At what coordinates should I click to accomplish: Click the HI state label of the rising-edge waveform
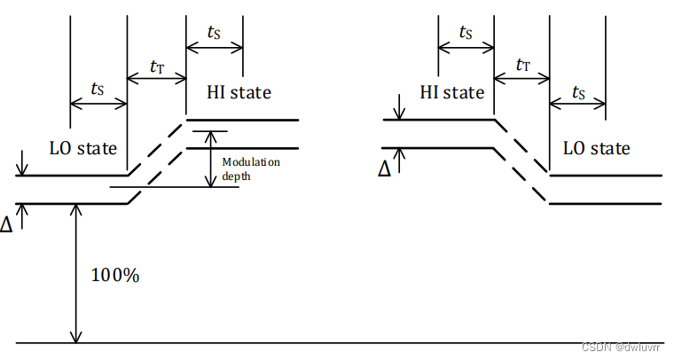pos(239,92)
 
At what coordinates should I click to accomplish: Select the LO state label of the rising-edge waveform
pos(84,147)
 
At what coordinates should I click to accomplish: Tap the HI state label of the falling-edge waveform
pos(452,92)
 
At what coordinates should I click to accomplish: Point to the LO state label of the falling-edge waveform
pos(597,147)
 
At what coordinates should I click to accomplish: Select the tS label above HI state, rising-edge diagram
pos(214,32)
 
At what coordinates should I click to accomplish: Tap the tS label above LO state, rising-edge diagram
pos(98,89)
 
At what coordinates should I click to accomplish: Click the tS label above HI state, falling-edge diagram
pos(465,32)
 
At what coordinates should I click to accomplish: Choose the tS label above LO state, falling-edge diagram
pos(579,91)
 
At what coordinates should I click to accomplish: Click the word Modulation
pos(251,162)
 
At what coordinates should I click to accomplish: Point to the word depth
pos(236,176)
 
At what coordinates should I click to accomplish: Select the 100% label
pos(115,275)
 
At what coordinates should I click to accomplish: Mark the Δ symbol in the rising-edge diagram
pos(7,224)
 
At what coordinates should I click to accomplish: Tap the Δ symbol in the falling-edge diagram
pos(384,168)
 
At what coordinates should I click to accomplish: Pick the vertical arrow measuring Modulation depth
pos(210,160)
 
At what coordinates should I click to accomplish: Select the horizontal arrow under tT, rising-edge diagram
pos(156,77)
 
